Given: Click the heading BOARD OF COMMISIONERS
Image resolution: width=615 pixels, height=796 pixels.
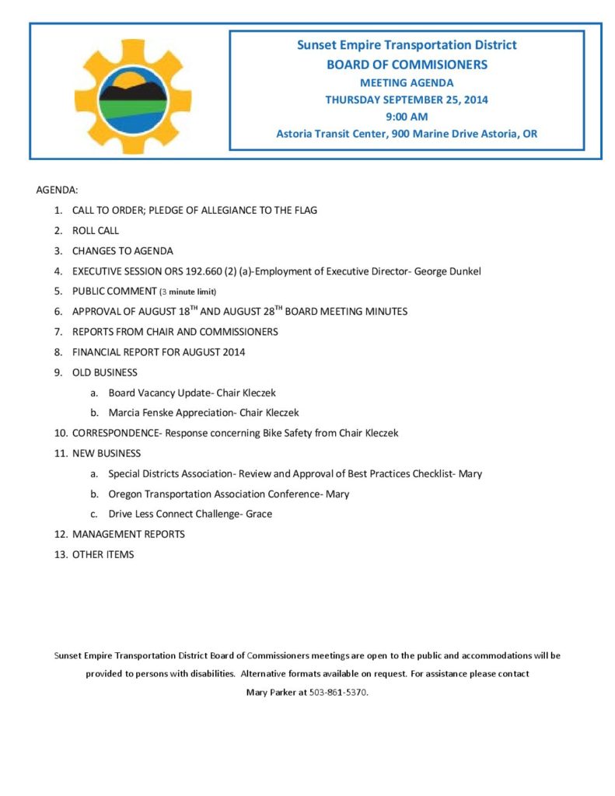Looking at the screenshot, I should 407,65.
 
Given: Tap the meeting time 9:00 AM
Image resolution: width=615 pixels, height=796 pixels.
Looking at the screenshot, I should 407,117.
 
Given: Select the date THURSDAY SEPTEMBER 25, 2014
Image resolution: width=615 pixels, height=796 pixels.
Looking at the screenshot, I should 407,99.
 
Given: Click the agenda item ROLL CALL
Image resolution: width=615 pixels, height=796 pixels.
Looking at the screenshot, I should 96,230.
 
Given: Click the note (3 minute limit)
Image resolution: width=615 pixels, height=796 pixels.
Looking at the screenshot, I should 187,292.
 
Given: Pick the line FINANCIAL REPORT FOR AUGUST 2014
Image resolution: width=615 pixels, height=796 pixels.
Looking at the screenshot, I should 159,352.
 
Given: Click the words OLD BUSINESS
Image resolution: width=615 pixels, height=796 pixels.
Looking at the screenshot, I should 105,372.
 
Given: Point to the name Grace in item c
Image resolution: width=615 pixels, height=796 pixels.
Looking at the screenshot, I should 259,514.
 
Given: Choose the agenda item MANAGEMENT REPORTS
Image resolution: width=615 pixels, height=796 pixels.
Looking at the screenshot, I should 128,534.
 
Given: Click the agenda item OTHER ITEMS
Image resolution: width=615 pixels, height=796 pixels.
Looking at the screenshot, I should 103,554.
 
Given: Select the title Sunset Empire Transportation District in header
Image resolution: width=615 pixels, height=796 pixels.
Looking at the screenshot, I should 407,45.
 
